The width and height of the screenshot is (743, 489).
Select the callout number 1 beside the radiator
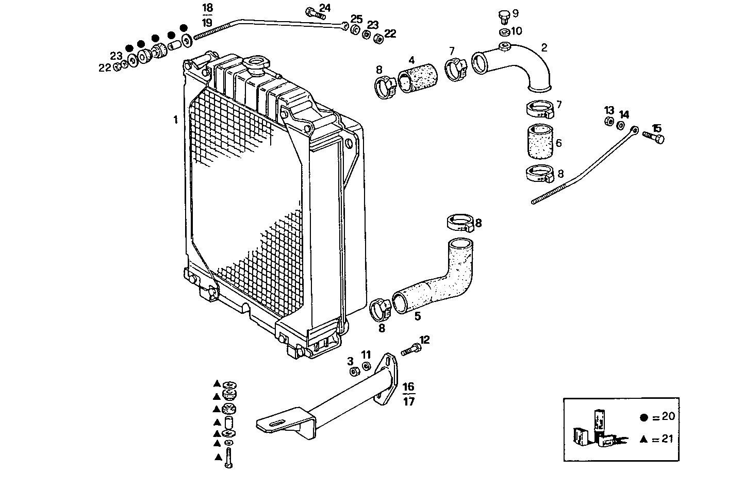tap(175, 120)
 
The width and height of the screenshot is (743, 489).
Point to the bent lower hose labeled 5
tap(438, 280)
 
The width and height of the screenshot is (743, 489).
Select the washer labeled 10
tap(504, 33)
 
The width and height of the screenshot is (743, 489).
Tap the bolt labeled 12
tap(410, 349)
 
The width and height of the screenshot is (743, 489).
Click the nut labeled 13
tap(608, 122)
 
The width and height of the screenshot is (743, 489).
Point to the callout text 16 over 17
tap(408, 394)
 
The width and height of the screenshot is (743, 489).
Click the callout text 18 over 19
tap(207, 15)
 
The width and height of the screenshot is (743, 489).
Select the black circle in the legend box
tap(643, 418)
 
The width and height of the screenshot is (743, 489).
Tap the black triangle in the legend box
tap(643, 439)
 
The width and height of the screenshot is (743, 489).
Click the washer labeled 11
tap(366, 366)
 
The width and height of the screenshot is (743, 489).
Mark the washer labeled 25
tap(355, 30)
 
